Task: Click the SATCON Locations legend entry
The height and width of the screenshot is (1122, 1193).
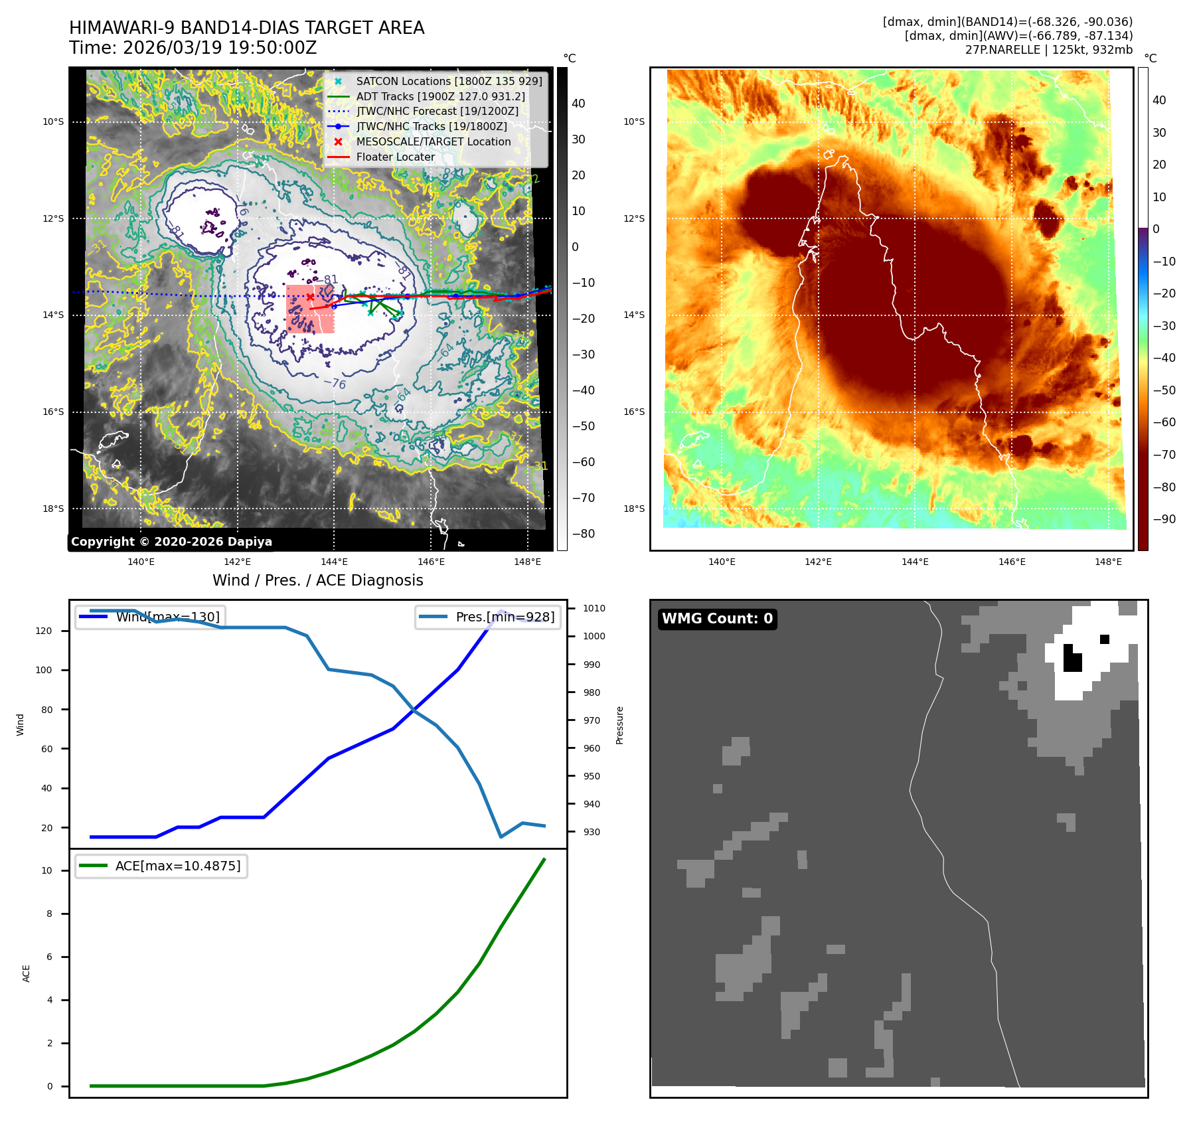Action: [x=449, y=81]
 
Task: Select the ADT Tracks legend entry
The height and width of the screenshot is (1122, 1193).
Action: [x=440, y=96]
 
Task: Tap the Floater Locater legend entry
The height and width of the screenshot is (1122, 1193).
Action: [x=395, y=157]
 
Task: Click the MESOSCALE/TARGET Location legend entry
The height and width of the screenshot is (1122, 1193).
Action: [x=433, y=141]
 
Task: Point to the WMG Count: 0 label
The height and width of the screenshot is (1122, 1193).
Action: [x=717, y=619]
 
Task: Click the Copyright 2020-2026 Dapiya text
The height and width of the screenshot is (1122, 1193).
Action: [x=171, y=542]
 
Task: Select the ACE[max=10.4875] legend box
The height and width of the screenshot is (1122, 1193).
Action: [x=161, y=866]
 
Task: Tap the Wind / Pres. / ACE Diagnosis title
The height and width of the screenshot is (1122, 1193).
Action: [x=317, y=580]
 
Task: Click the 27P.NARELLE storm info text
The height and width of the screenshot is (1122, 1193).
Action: [x=1048, y=50]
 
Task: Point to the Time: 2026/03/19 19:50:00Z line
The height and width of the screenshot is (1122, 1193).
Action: [x=193, y=48]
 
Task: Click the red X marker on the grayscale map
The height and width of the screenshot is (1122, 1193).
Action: [x=310, y=297]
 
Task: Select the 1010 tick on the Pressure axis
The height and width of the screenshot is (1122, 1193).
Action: [x=594, y=608]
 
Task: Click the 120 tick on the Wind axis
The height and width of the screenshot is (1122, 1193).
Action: [x=44, y=631]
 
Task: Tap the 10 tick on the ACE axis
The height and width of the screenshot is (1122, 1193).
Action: [x=46, y=870]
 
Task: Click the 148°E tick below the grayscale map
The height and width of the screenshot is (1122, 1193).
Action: [x=527, y=562]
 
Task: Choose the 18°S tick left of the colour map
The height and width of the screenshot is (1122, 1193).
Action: [x=633, y=509]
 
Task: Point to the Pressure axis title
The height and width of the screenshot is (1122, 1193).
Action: [x=619, y=725]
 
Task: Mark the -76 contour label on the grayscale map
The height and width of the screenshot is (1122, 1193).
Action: [x=335, y=384]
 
